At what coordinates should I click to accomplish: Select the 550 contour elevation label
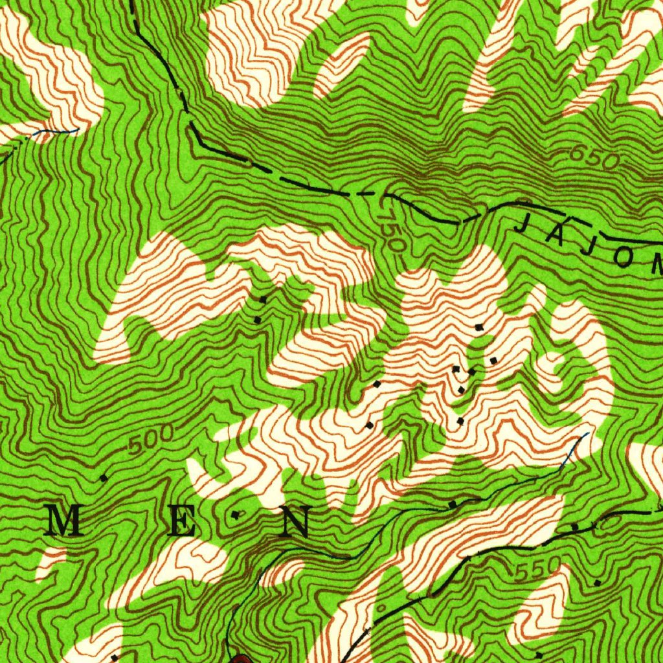[x=537, y=569]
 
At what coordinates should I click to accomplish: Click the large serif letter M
[x=65, y=522]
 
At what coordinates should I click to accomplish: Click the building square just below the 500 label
[x=104, y=478]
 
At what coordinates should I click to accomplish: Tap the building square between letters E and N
[x=235, y=515]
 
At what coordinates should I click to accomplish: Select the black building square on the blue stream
[x=453, y=504]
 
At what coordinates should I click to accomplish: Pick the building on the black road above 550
[x=574, y=528]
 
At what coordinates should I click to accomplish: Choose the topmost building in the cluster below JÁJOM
[x=479, y=328]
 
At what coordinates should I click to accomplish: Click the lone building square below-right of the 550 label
[x=598, y=583]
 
